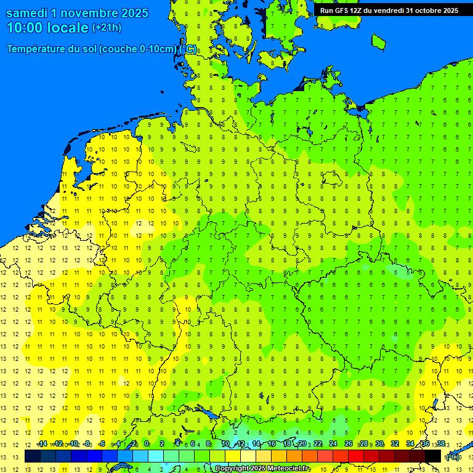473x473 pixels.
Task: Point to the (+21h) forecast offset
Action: pos(107,28)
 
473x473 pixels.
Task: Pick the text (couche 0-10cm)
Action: pos(141,49)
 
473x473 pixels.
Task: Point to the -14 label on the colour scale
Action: pos(41,444)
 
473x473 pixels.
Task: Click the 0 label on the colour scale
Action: pos(147,444)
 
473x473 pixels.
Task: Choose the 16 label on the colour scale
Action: pos(272,444)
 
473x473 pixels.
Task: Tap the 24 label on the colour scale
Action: pos(333,444)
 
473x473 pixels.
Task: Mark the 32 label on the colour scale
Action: pos(395,444)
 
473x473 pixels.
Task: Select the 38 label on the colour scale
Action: pos(441,444)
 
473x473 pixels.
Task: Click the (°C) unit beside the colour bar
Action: pos(452,457)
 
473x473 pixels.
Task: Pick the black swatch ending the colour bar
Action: pos(433,456)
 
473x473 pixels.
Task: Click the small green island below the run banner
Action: pos(378,41)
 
